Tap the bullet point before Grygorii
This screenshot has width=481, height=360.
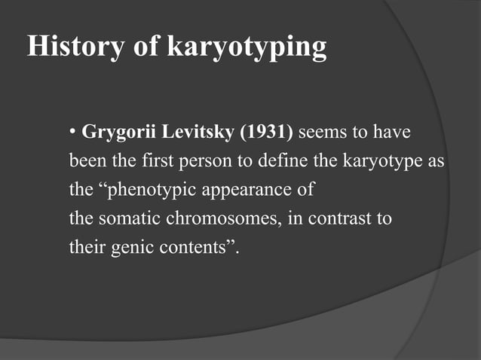tap(72, 133)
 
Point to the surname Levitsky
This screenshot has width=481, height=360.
tap(196, 133)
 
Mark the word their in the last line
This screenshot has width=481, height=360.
tap(86, 247)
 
